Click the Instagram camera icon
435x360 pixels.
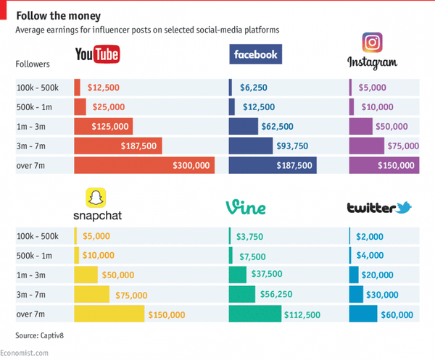372,43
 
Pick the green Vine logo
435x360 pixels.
246,207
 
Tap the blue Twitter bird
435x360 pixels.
403,207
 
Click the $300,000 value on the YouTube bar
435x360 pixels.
191,165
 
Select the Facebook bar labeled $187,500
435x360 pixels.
273,165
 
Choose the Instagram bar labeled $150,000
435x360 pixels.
384,165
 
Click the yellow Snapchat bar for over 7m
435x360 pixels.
108,314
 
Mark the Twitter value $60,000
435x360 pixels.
397,314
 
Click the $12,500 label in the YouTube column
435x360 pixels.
103,87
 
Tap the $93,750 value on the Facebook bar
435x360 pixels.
291,146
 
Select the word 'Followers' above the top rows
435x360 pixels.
33,64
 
